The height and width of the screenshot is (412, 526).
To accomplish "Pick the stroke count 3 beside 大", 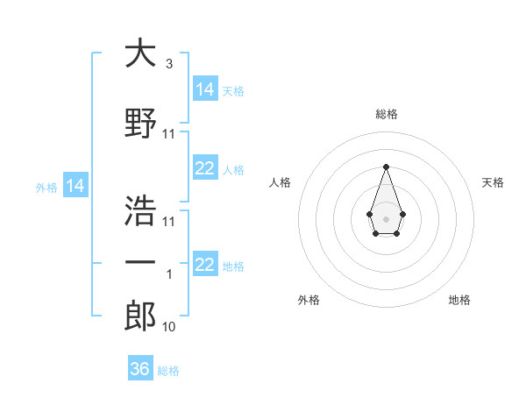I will click(168, 64).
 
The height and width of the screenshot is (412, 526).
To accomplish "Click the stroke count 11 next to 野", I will click(169, 134).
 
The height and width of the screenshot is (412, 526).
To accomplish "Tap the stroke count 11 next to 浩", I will click(169, 222).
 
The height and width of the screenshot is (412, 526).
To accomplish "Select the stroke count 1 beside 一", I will click(169, 274).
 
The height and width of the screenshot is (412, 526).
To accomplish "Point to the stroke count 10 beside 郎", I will click(169, 327).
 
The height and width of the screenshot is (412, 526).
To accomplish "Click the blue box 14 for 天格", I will click(205, 89).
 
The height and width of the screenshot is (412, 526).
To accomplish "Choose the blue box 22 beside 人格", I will click(205, 168).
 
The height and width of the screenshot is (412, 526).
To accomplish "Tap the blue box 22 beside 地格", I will click(205, 265).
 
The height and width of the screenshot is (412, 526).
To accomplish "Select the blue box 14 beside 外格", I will click(75, 186).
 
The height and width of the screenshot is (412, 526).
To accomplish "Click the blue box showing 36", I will click(140, 369).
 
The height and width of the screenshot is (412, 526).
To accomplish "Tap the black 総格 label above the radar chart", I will click(386, 114).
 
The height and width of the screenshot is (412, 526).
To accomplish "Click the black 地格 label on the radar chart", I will click(459, 300).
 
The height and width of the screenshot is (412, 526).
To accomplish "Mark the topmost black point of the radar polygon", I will click(386, 167).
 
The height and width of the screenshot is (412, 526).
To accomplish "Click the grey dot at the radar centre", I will click(386, 218).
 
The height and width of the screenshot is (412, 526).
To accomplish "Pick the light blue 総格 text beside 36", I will click(169, 371).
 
